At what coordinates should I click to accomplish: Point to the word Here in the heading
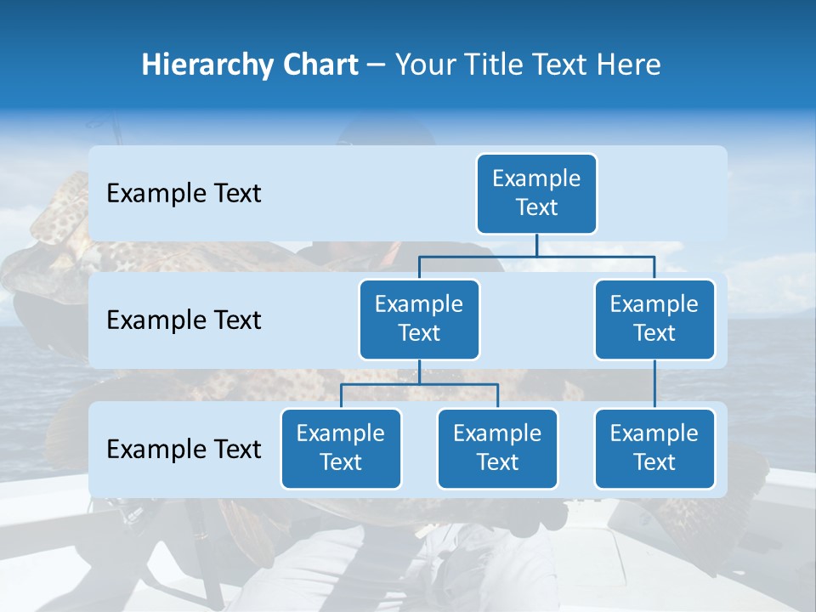coord(628,65)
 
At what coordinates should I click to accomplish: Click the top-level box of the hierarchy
coord(536,193)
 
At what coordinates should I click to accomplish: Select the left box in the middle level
coord(419,319)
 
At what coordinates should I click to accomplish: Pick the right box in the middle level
coord(654,319)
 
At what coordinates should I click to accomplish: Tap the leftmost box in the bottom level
coord(341,448)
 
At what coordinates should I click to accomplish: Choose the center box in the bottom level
coord(497,448)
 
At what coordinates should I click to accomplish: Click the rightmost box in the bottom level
coord(654,448)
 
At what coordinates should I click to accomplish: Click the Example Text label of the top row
coord(184,194)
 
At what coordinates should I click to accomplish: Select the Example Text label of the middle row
coord(184,320)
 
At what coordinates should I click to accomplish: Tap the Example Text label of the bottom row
coord(184,450)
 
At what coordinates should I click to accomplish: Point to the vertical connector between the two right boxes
coord(654,383)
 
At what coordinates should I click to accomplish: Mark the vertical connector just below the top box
coord(536,245)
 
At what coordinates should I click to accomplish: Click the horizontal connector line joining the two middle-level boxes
coord(536,256)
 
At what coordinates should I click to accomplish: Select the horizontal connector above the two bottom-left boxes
coord(419,384)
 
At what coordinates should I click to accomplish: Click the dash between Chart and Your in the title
coord(377,65)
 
